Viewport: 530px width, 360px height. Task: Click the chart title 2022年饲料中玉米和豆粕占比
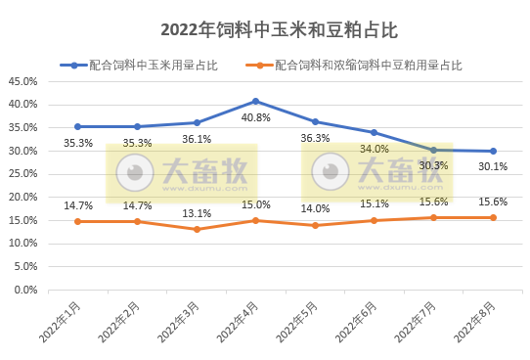click(265, 30)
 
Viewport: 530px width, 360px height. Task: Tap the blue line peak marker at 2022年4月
click(256, 101)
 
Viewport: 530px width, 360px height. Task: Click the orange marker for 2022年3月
click(197, 229)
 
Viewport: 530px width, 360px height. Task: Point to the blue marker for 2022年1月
click(77, 126)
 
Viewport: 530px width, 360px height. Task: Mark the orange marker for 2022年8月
click(493, 217)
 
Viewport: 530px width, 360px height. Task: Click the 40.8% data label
click(256, 117)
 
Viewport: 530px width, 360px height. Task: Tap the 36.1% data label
click(197, 139)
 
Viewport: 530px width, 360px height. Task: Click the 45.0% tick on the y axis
click(22, 80)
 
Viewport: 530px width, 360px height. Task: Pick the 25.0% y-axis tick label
click(22, 174)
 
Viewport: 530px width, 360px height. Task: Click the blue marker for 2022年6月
click(375, 132)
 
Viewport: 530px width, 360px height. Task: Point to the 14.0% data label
click(315, 208)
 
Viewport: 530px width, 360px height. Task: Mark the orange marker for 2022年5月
click(315, 225)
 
